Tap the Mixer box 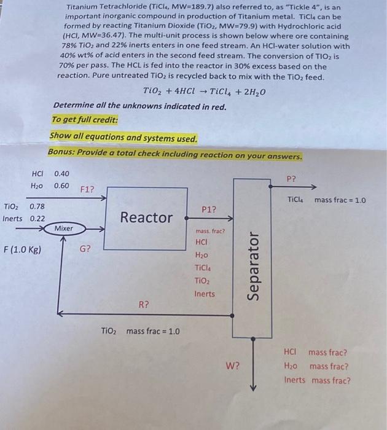pos(63,229)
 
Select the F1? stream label pos(88,189)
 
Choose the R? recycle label pos(143,304)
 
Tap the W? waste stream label pos(233,367)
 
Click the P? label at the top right pos(292,179)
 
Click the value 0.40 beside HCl pos(62,174)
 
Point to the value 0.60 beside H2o pos(62,186)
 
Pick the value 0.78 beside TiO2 pos(37,206)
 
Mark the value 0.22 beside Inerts pos(37,218)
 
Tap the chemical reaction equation pos(204,92)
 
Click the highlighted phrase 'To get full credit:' pos(85,120)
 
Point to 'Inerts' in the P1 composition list pos(205,294)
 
